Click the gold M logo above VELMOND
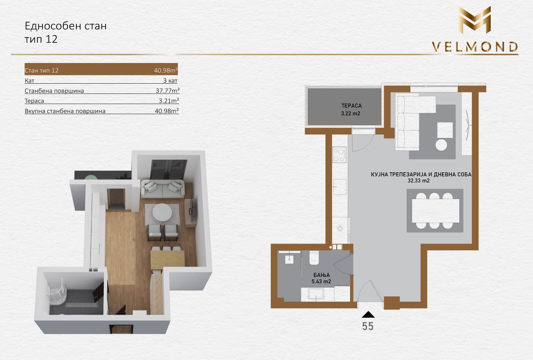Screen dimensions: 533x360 tap(474, 20)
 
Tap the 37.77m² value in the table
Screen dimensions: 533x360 tap(167, 90)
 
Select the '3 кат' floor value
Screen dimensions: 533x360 tap(170, 81)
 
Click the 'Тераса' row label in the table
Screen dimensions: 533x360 tap(34, 101)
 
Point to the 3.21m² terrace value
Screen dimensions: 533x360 tap(169, 101)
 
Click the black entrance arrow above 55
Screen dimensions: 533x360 tap(368, 314)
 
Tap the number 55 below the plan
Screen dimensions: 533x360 tap(368, 326)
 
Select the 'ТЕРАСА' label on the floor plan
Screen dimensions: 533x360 tap(351, 106)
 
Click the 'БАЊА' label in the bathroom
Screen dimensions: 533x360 tap(321, 275)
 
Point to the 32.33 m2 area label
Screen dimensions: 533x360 tap(418, 181)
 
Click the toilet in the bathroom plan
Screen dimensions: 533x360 tap(314, 258)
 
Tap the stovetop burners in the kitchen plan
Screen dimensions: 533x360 tap(339, 155)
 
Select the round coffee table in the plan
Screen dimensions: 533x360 tap(441, 145)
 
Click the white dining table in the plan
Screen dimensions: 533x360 tap(435, 211)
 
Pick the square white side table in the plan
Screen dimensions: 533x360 tap(445, 130)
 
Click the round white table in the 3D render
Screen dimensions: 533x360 tap(162, 212)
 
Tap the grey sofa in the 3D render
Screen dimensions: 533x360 tap(163, 189)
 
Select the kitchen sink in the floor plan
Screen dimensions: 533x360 tap(339, 187)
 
